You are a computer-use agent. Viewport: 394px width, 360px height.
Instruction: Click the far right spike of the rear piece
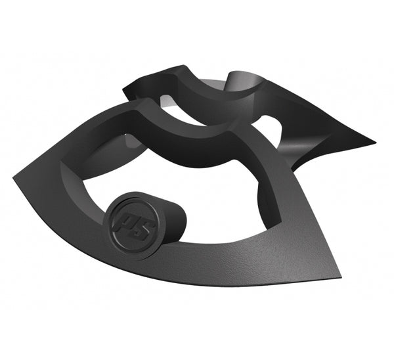click(x=374, y=141)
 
